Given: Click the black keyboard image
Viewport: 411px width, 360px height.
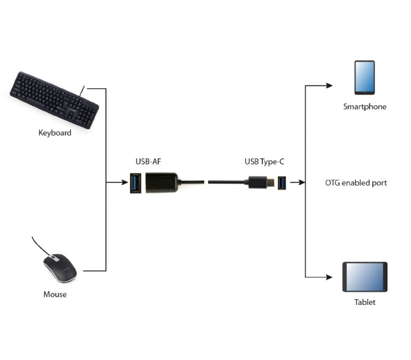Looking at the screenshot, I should pos(54,100).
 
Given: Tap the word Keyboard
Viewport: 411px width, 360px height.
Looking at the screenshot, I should pos(54,132).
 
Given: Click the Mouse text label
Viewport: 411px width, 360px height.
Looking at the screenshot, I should pos(55,294).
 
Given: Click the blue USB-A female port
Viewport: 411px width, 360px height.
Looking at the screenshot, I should pos(136,183).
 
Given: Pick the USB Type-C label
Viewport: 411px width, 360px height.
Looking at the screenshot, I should pos(267,161).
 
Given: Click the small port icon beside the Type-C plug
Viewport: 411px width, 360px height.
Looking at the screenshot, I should pos(281,183).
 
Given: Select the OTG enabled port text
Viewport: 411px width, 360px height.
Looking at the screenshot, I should pos(355,183).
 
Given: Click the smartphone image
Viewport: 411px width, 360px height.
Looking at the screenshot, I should pos(365,78).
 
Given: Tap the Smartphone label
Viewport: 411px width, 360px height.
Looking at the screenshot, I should pos(365,107).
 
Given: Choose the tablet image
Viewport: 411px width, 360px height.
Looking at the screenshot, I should pos(365,277).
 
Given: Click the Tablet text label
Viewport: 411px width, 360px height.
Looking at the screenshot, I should pos(365,302).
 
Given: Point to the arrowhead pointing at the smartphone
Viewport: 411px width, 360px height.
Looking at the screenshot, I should pos(330,85).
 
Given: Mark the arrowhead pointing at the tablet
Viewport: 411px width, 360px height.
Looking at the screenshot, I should pos(330,277).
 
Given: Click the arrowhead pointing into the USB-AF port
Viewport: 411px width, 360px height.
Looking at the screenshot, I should pos(124,183).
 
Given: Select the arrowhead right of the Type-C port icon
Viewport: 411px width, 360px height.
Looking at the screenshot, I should pos(302,183).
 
